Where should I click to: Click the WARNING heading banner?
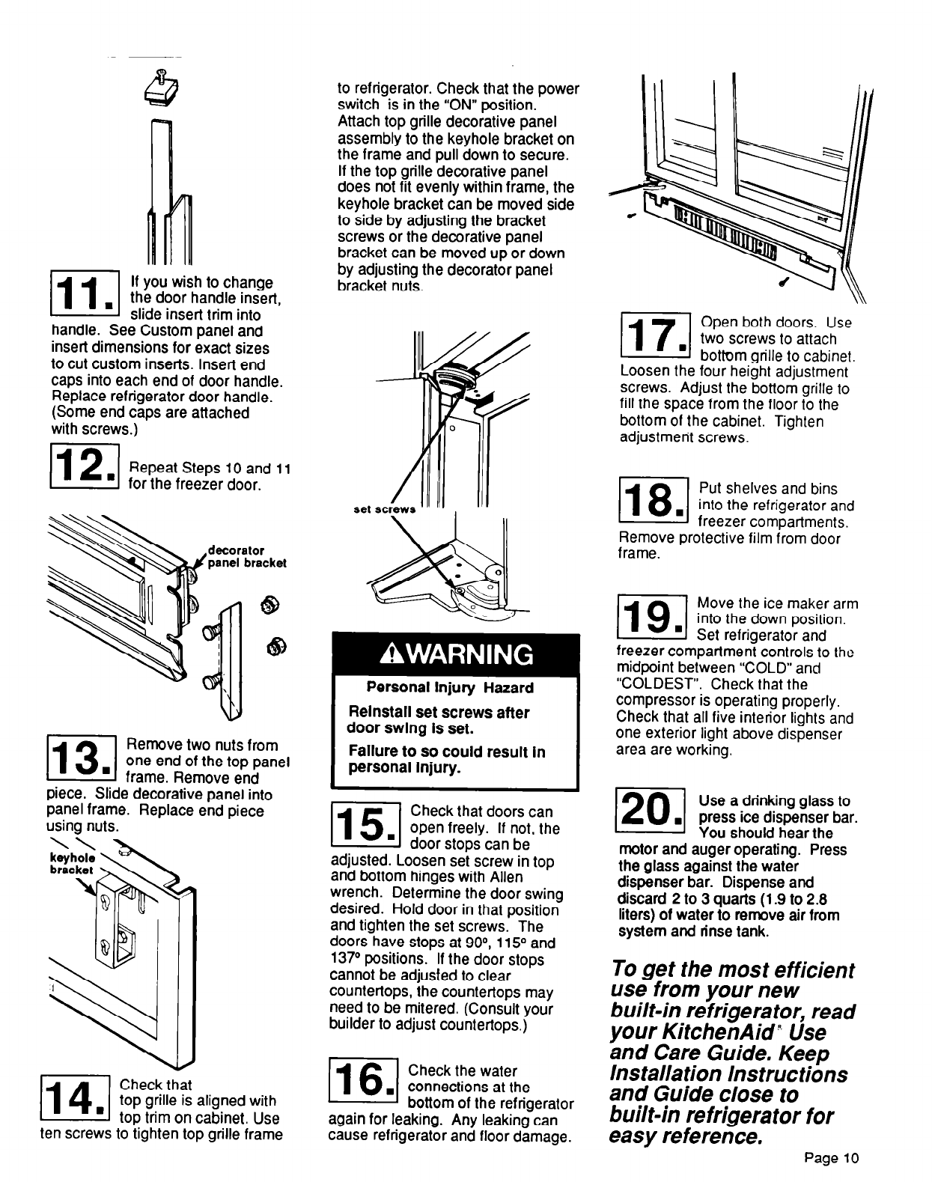[456, 654]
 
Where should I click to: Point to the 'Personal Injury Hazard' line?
[449, 688]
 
